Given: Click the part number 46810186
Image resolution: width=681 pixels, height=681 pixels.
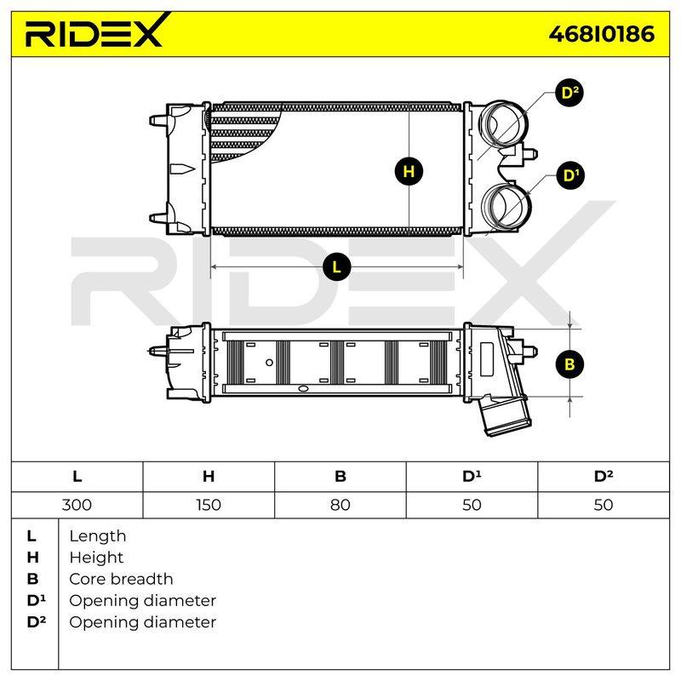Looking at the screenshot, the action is (x=602, y=34).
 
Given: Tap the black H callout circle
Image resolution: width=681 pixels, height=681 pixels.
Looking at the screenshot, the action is (x=409, y=171).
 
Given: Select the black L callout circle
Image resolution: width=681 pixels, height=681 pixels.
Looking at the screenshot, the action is (x=336, y=266).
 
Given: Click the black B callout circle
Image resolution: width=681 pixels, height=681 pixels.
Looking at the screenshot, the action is (x=569, y=364).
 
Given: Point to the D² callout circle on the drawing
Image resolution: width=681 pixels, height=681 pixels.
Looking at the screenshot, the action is (x=569, y=93).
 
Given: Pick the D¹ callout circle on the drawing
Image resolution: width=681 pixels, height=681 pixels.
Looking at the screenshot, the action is (x=570, y=175).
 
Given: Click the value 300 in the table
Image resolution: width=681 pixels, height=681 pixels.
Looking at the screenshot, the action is (x=77, y=505).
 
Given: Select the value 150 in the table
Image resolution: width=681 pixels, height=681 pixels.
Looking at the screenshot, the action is (x=209, y=505).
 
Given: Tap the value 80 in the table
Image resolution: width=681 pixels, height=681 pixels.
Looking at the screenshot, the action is (x=340, y=505).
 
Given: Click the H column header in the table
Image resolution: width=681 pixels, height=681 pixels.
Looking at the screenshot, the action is (x=209, y=477).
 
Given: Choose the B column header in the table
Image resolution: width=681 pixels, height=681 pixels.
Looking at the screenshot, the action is (x=340, y=477).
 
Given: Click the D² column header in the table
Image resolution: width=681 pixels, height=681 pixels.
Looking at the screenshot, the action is (x=604, y=476).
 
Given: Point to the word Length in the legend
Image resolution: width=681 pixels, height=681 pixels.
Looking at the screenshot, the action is (x=98, y=536).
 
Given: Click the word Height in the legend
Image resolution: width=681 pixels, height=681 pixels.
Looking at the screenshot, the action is (x=96, y=558).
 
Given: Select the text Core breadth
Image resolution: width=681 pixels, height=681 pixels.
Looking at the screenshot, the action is (x=121, y=579).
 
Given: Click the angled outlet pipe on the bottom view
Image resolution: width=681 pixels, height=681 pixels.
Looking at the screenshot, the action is (x=504, y=415).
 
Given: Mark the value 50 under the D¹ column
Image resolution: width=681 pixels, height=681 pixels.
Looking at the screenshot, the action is (x=472, y=505).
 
